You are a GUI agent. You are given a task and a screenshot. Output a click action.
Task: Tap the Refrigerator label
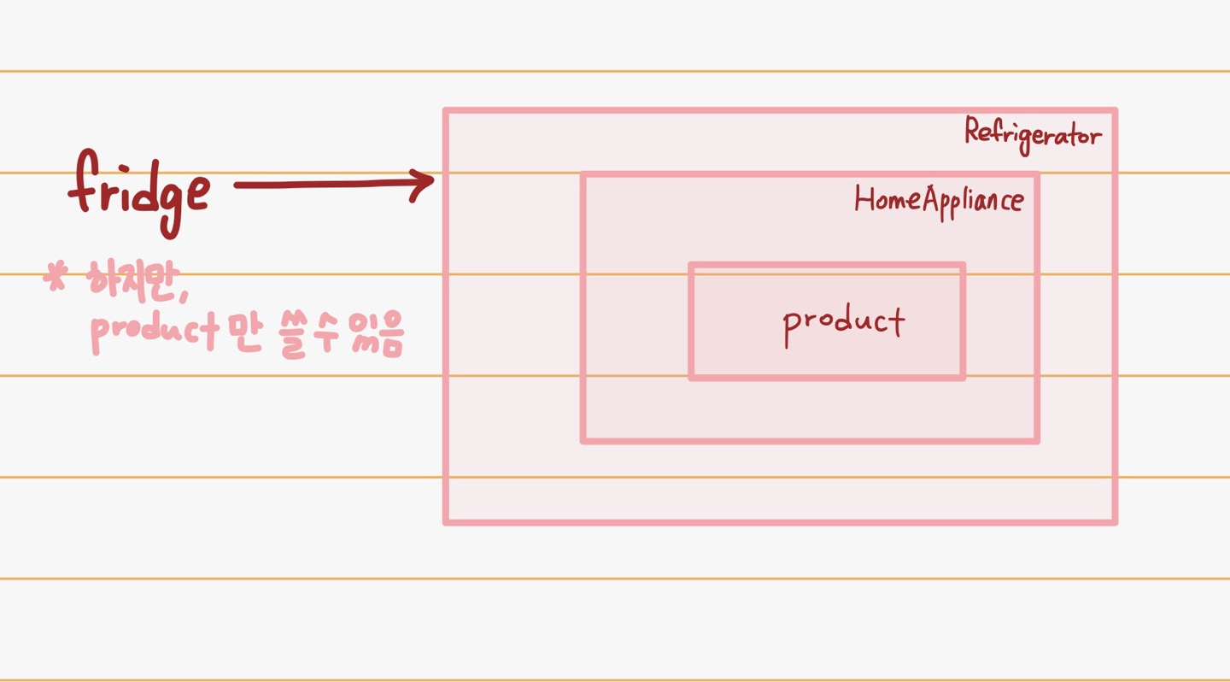tap(1033, 135)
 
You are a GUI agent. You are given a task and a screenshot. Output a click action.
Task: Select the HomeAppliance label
tap(939, 201)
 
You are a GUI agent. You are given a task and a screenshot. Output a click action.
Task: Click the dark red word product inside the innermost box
tap(843, 322)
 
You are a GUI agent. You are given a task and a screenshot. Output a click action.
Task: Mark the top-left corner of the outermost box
tap(446, 110)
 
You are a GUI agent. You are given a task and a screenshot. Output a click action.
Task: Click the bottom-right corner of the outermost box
tap(1115, 520)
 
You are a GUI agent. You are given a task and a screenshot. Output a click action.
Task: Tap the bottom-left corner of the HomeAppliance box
tap(583, 440)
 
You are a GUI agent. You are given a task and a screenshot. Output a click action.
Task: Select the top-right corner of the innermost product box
tap(963, 266)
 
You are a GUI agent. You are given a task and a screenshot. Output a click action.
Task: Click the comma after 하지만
tap(183, 295)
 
